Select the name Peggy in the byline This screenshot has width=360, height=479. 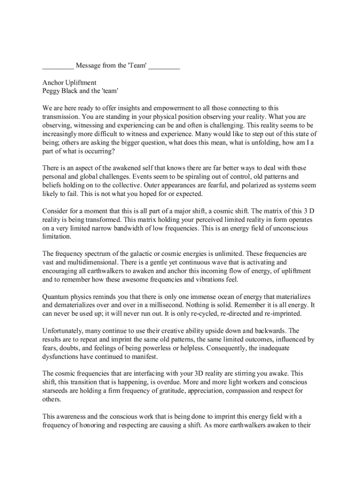[51, 91]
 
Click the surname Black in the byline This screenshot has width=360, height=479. [72, 91]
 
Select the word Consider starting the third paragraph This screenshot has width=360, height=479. [56, 211]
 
